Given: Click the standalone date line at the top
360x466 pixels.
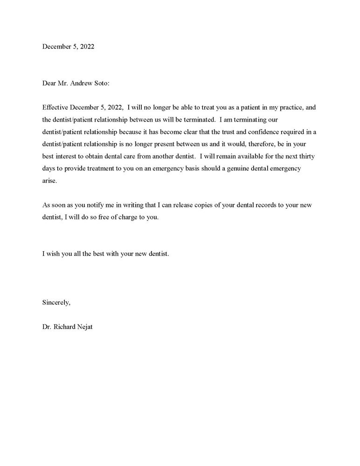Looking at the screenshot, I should click(x=68, y=47).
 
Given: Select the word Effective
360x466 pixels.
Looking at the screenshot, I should click(x=55, y=107).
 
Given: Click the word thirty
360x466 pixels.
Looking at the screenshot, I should click(x=307, y=156).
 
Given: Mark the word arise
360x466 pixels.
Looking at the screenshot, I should click(x=49, y=181).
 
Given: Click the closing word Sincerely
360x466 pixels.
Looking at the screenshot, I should click(x=56, y=302).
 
